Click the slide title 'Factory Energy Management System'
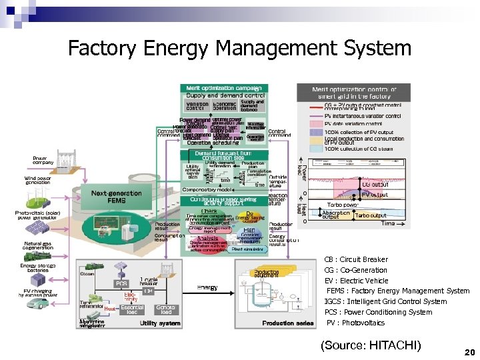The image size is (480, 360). pyautogui.click(x=240, y=48)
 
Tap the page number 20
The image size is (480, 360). pyautogui.click(x=468, y=351)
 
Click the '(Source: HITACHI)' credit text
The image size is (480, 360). pyautogui.click(x=371, y=345)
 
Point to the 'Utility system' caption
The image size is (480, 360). pyautogui.click(x=159, y=323)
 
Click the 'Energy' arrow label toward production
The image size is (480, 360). pyautogui.click(x=207, y=287)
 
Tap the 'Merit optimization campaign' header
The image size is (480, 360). pyautogui.click(x=223, y=87)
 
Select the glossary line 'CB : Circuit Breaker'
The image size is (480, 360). pyautogui.click(x=355, y=259)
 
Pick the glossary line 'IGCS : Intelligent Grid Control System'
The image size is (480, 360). pyautogui.click(x=385, y=301)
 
